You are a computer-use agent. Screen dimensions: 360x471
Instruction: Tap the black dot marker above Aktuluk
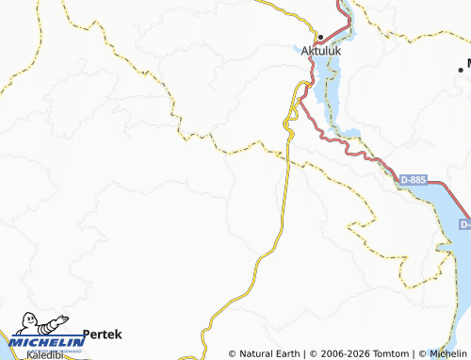319,37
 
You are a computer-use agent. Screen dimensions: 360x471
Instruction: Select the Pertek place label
103,334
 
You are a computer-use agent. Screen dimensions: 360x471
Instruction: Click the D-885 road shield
412,178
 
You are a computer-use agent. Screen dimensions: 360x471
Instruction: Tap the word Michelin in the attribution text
447,353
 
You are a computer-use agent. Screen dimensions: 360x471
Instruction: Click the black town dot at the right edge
461,66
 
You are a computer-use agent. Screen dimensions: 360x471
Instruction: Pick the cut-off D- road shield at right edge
465,224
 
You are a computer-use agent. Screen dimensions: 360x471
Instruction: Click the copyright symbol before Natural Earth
233,353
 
